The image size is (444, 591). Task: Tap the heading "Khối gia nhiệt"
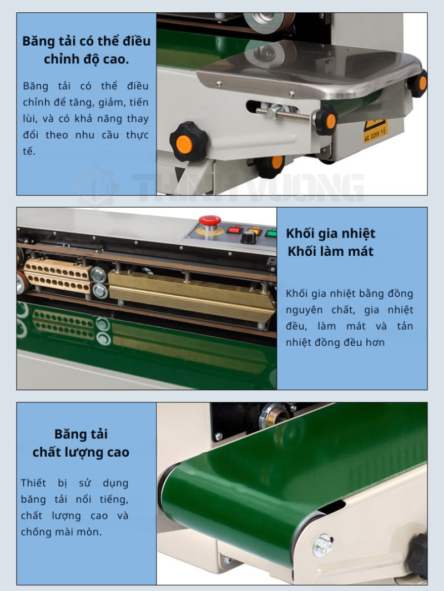point(331,233)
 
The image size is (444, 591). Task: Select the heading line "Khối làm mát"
point(331,251)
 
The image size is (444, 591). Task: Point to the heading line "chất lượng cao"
point(80,452)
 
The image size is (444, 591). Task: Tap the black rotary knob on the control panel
point(248,238)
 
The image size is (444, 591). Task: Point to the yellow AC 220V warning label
point(375,131)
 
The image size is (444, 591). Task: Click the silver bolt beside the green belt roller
point(323,544)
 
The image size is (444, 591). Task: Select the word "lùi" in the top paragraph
point(29,119)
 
